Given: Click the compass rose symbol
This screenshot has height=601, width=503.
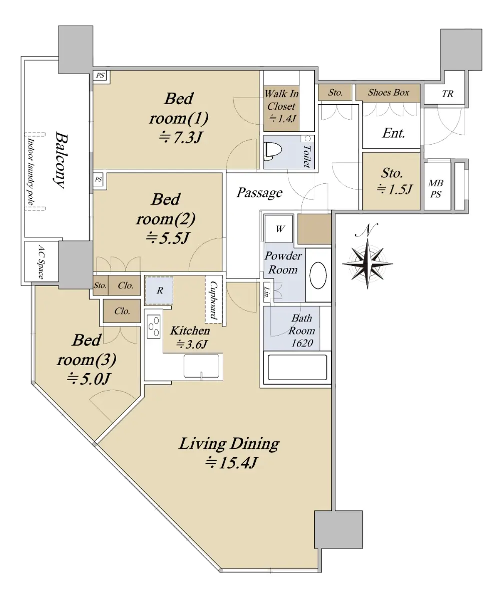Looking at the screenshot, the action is point(367,263).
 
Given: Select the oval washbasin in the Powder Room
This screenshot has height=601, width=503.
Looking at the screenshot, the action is point(318,275).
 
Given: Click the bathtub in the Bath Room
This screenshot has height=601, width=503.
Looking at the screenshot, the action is point(297,367).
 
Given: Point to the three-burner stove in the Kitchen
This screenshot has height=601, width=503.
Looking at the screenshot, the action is point(154,327).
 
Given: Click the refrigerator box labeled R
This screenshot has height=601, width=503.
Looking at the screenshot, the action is point(159,290).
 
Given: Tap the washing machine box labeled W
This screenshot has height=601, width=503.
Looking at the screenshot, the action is point(279,229).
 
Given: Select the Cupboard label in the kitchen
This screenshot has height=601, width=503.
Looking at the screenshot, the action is point(213,300).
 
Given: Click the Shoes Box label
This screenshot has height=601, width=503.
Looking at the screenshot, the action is point(388,92).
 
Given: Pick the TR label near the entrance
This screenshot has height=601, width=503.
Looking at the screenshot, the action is point(447,94).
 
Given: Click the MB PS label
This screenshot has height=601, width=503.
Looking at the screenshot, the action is point(435,188).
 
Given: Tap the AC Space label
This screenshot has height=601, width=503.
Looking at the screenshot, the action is point(41,262).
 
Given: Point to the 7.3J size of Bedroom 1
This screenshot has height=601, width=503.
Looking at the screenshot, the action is point(180,137).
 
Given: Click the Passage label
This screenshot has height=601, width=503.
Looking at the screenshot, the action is point(259,192).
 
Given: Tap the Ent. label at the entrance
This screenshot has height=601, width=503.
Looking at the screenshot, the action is point(393,133).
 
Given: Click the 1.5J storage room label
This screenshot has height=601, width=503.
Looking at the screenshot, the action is point(394,189).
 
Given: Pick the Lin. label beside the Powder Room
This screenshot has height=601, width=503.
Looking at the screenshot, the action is point(267,291).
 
